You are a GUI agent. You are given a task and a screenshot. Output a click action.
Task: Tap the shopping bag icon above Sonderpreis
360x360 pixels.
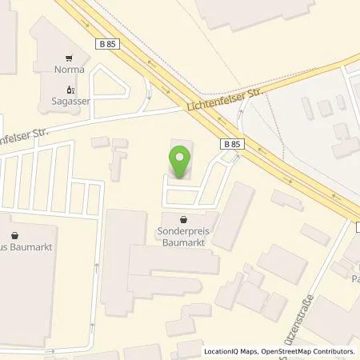[x=185, y=218]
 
